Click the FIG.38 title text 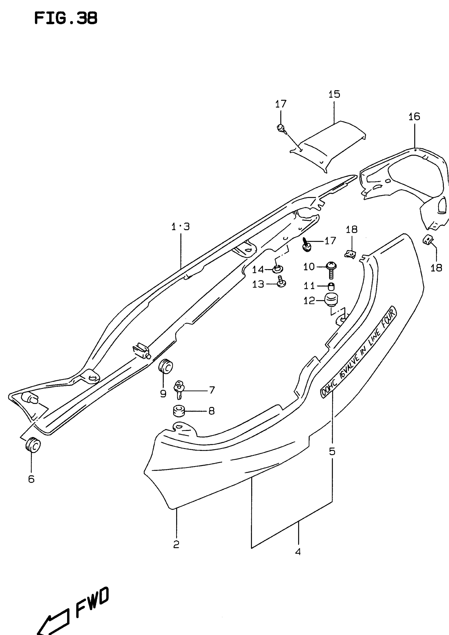pyautogui.click(x=66, y=19)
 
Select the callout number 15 pyautogui.click(x=334, y=94)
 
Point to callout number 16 pyautogui.click(x=414, y=117)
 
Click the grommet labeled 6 pyautogui.click(x=33, y=445)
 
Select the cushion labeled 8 pyautogui.click(x=179, y=411)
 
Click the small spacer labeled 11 pyautogui.click(x=331, y=286)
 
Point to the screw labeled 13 pyautogui.click(x=282, y=283)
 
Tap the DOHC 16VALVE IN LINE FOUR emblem pyautogui.click(x=358, y=352)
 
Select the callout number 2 pyautogui.click(x=176, y=544)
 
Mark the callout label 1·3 pyautogui.click(x=181, y=227)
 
